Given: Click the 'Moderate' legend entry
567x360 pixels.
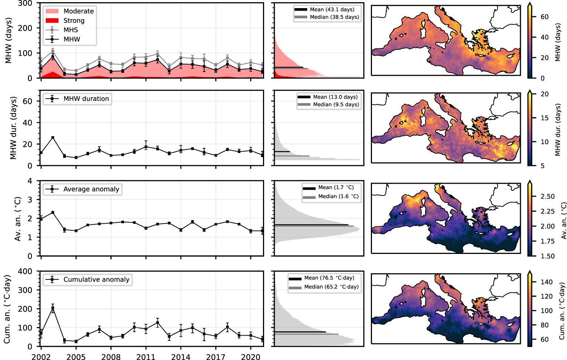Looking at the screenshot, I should (78, 11).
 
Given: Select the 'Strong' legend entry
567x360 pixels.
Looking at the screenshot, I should (74, 21).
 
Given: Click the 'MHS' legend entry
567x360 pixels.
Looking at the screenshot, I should (71, 30).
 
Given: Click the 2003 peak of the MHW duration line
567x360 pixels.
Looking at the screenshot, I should (53, 137).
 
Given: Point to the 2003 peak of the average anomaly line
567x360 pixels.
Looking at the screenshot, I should (53, 213).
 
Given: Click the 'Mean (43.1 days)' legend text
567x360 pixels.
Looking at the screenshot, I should (332, 10).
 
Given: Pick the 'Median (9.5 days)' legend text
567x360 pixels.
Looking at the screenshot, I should (336, 105).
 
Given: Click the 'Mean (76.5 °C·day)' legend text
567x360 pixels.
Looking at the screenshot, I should (329, 278).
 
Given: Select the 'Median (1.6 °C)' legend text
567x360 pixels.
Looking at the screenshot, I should (338, 197).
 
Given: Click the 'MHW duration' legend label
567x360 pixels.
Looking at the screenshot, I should (86, 99).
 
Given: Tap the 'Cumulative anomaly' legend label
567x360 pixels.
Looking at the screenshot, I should (96, 279).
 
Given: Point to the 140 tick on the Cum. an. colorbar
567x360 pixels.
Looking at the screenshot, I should (546, 282).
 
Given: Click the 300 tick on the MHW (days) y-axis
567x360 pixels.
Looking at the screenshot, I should (25, 4).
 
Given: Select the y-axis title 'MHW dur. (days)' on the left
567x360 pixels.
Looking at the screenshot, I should (14, 128).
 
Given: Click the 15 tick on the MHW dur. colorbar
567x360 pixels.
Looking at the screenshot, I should (544, 118).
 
